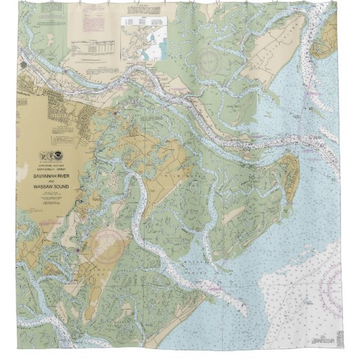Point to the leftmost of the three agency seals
coord(44,156)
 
